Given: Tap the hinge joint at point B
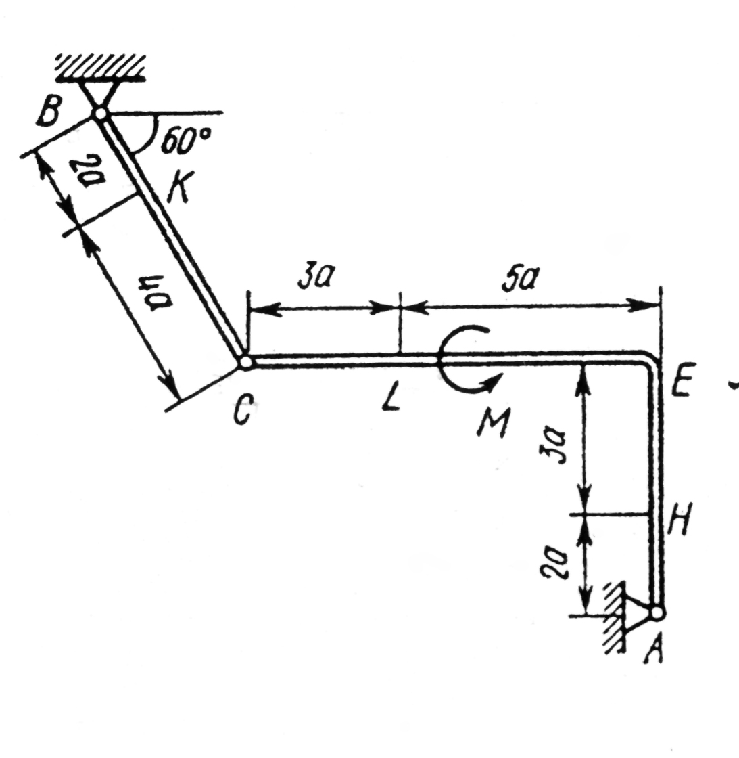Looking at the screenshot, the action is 100,114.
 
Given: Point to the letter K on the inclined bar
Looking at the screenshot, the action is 181,187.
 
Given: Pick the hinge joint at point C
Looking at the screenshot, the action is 245,361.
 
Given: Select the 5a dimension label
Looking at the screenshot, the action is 521,279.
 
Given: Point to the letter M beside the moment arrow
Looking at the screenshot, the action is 493,422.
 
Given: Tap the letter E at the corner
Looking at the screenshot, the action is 681,380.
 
